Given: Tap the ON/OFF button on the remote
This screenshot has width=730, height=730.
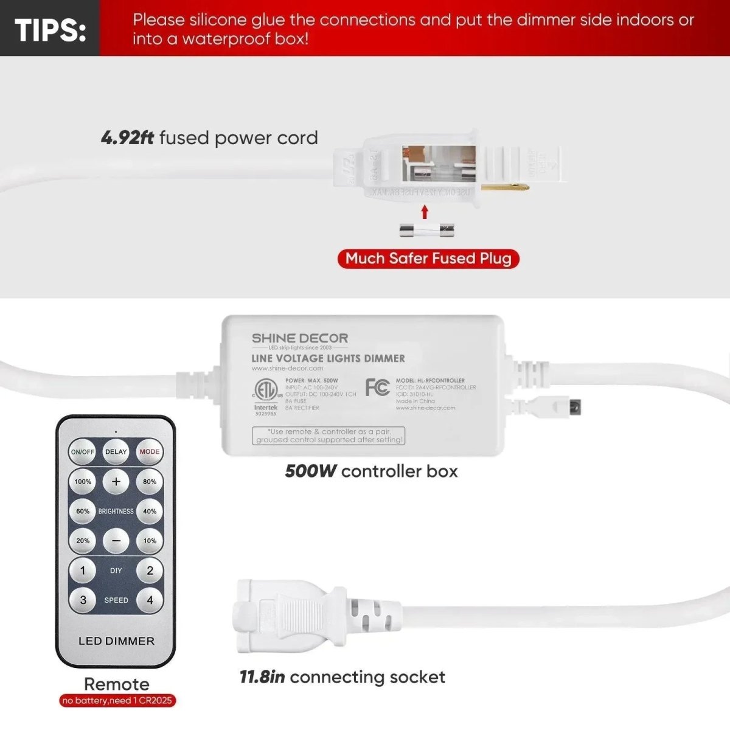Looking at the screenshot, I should click(83, 452).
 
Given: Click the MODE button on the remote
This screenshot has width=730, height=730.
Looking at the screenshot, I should click(150, 452).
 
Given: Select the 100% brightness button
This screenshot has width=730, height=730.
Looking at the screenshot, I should click(83, 482).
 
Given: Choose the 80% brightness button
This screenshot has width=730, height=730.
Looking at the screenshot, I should click(150, 482).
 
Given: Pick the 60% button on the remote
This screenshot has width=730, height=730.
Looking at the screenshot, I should click(83, 512).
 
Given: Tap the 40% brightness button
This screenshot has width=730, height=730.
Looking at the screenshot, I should click(150, 512).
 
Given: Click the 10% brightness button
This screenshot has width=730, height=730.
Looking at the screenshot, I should click(150, 541).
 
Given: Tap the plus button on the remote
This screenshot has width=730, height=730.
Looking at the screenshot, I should click(116, 482).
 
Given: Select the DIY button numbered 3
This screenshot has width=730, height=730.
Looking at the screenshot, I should click(83, 600).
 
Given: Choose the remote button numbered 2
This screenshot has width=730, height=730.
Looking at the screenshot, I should click(150, 571).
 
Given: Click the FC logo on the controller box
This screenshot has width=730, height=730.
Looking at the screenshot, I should click(377, 387).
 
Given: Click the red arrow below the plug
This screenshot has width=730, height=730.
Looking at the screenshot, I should click(425, 212).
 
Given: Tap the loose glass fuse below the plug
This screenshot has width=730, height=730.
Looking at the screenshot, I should click(426, 230).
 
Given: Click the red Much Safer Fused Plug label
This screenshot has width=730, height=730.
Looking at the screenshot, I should click(428, 259).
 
